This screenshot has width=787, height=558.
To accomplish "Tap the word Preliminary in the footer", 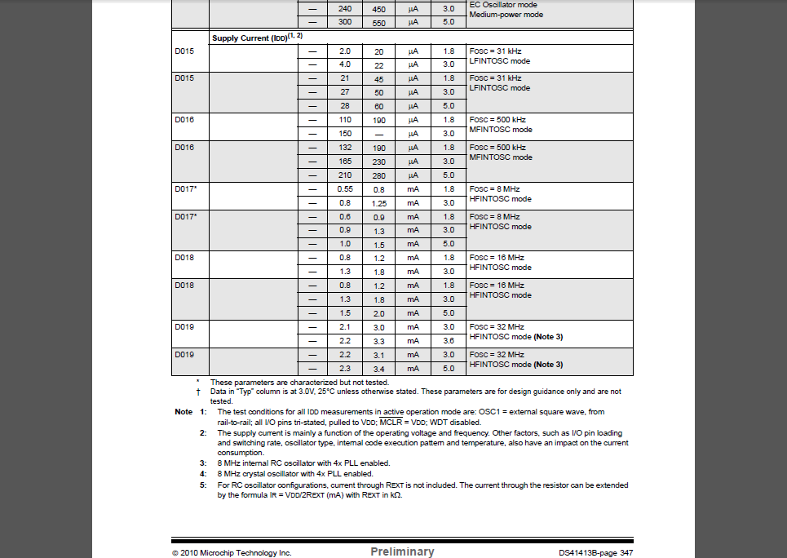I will click(402, 551).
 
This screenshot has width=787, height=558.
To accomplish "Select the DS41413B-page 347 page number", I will click(595, 552).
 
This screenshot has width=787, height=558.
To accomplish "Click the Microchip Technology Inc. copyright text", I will click(232, 552).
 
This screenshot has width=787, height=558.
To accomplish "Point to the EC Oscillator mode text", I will click(503, 5).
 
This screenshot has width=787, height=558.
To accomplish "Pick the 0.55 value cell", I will click(344, 189).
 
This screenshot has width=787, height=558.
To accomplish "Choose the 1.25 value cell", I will click(378, 203).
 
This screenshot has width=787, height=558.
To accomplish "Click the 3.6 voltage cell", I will click(448, 340).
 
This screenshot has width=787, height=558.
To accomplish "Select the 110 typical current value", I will click(344, 120).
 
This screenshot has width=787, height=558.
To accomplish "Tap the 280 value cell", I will click(378, 175).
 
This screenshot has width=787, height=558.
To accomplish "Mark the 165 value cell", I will click(344, 162).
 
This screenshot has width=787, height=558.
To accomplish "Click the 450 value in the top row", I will click(378, 9).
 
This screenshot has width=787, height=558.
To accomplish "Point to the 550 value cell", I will click(378, 23).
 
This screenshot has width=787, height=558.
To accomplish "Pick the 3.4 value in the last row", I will click(378, 369).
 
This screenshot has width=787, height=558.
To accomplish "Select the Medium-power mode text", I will click(506, 15).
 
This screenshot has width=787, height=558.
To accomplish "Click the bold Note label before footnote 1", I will click(183, 412).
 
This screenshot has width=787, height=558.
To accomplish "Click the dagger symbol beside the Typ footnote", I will click(198, 392).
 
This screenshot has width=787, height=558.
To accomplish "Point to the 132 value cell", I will click(344, 148).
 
